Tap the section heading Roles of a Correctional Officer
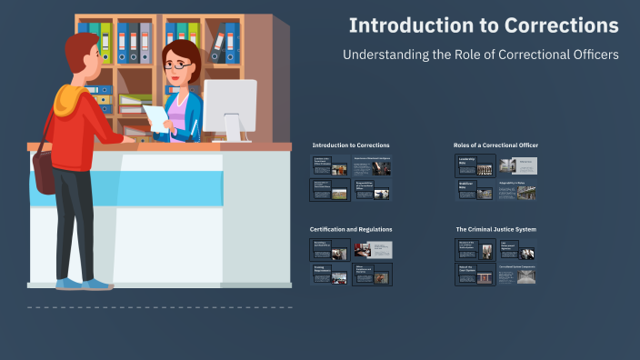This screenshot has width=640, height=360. [x=495, y=145]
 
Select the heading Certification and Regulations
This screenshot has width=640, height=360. [x=351, y=229]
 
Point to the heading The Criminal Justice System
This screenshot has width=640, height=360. [x=495, y=229]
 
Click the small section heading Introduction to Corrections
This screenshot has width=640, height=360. [x=350, y=145]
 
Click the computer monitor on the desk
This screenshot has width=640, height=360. [x=229, y=105]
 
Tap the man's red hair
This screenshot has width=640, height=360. [x=77, y=45]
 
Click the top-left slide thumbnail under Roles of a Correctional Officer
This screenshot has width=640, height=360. [x=475, y=165]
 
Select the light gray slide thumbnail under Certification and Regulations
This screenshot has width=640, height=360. [x=373, y=250]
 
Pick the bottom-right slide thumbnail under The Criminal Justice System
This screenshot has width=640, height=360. [x=516, y=275]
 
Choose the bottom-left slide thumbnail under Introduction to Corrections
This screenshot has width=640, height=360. [x=329, y=190]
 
